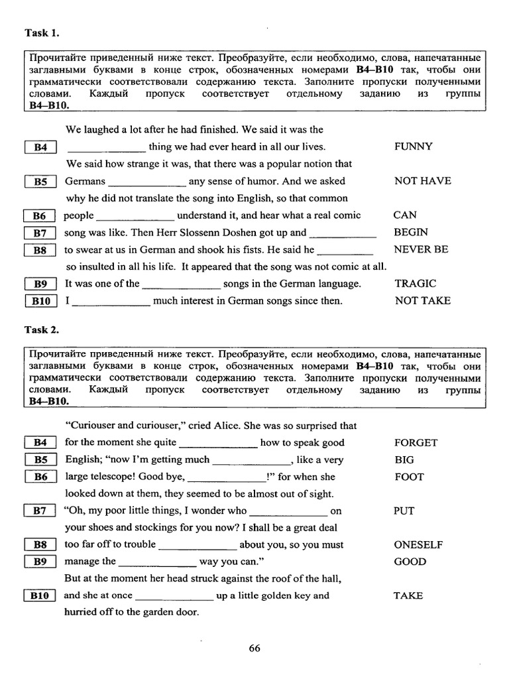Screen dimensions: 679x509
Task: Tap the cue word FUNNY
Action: coord(413,147)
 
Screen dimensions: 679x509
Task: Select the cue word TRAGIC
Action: coord(415,283)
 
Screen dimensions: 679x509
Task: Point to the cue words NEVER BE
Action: coord(421,249)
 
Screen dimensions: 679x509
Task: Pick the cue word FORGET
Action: coord(416,442)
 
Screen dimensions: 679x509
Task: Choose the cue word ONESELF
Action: coord(418,544)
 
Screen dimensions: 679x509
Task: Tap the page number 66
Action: coord(254,648)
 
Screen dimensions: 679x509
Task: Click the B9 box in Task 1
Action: coord(40,284)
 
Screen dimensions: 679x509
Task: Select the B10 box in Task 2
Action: coord(40,596)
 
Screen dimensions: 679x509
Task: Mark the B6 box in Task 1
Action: coord(40,216)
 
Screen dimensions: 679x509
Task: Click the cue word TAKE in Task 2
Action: coord(408,595)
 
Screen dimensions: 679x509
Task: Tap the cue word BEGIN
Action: coord(410,232)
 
